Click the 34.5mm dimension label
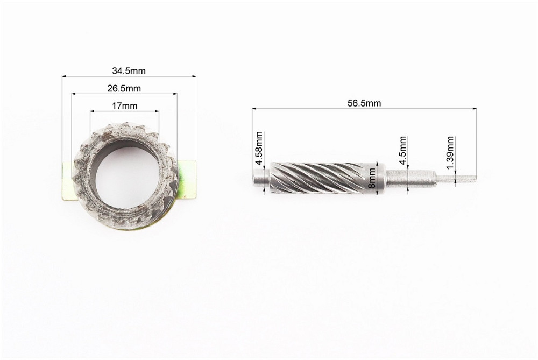coord(129,71)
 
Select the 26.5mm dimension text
coord(124,89)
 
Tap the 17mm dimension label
coord(125,106)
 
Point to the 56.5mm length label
coord(364,103)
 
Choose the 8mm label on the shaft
coord(371,179)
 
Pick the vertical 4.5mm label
coord(402,150)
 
